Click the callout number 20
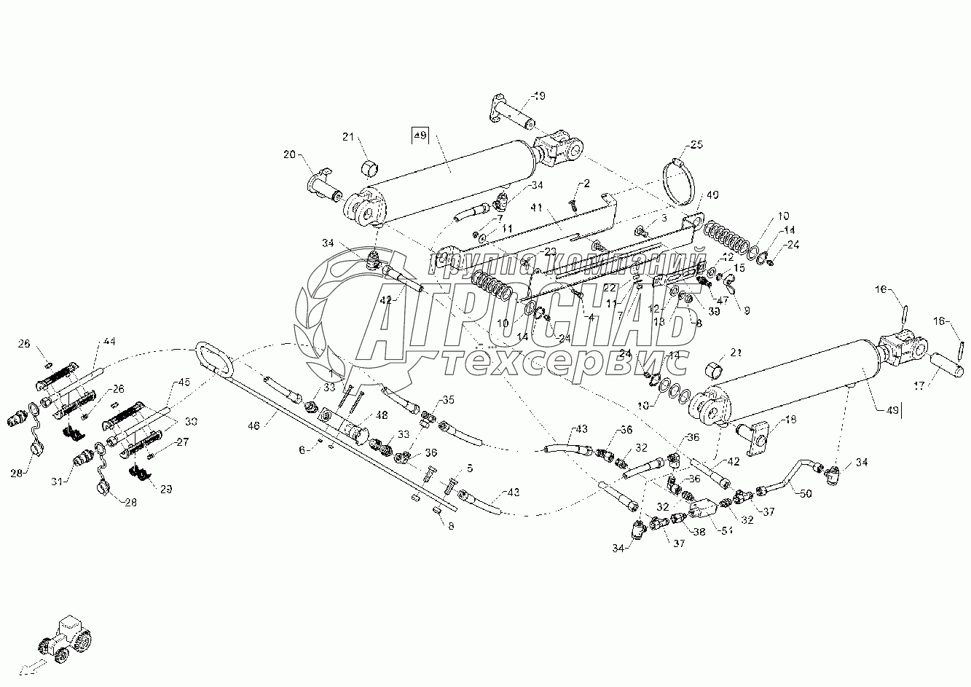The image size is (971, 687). [x=290, y=154]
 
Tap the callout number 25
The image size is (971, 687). [x=697, y=146]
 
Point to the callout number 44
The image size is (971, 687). [x=109, y=341]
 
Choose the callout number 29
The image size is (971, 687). [x=166, y=489]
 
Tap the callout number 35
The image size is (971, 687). [x=447, y=400]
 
